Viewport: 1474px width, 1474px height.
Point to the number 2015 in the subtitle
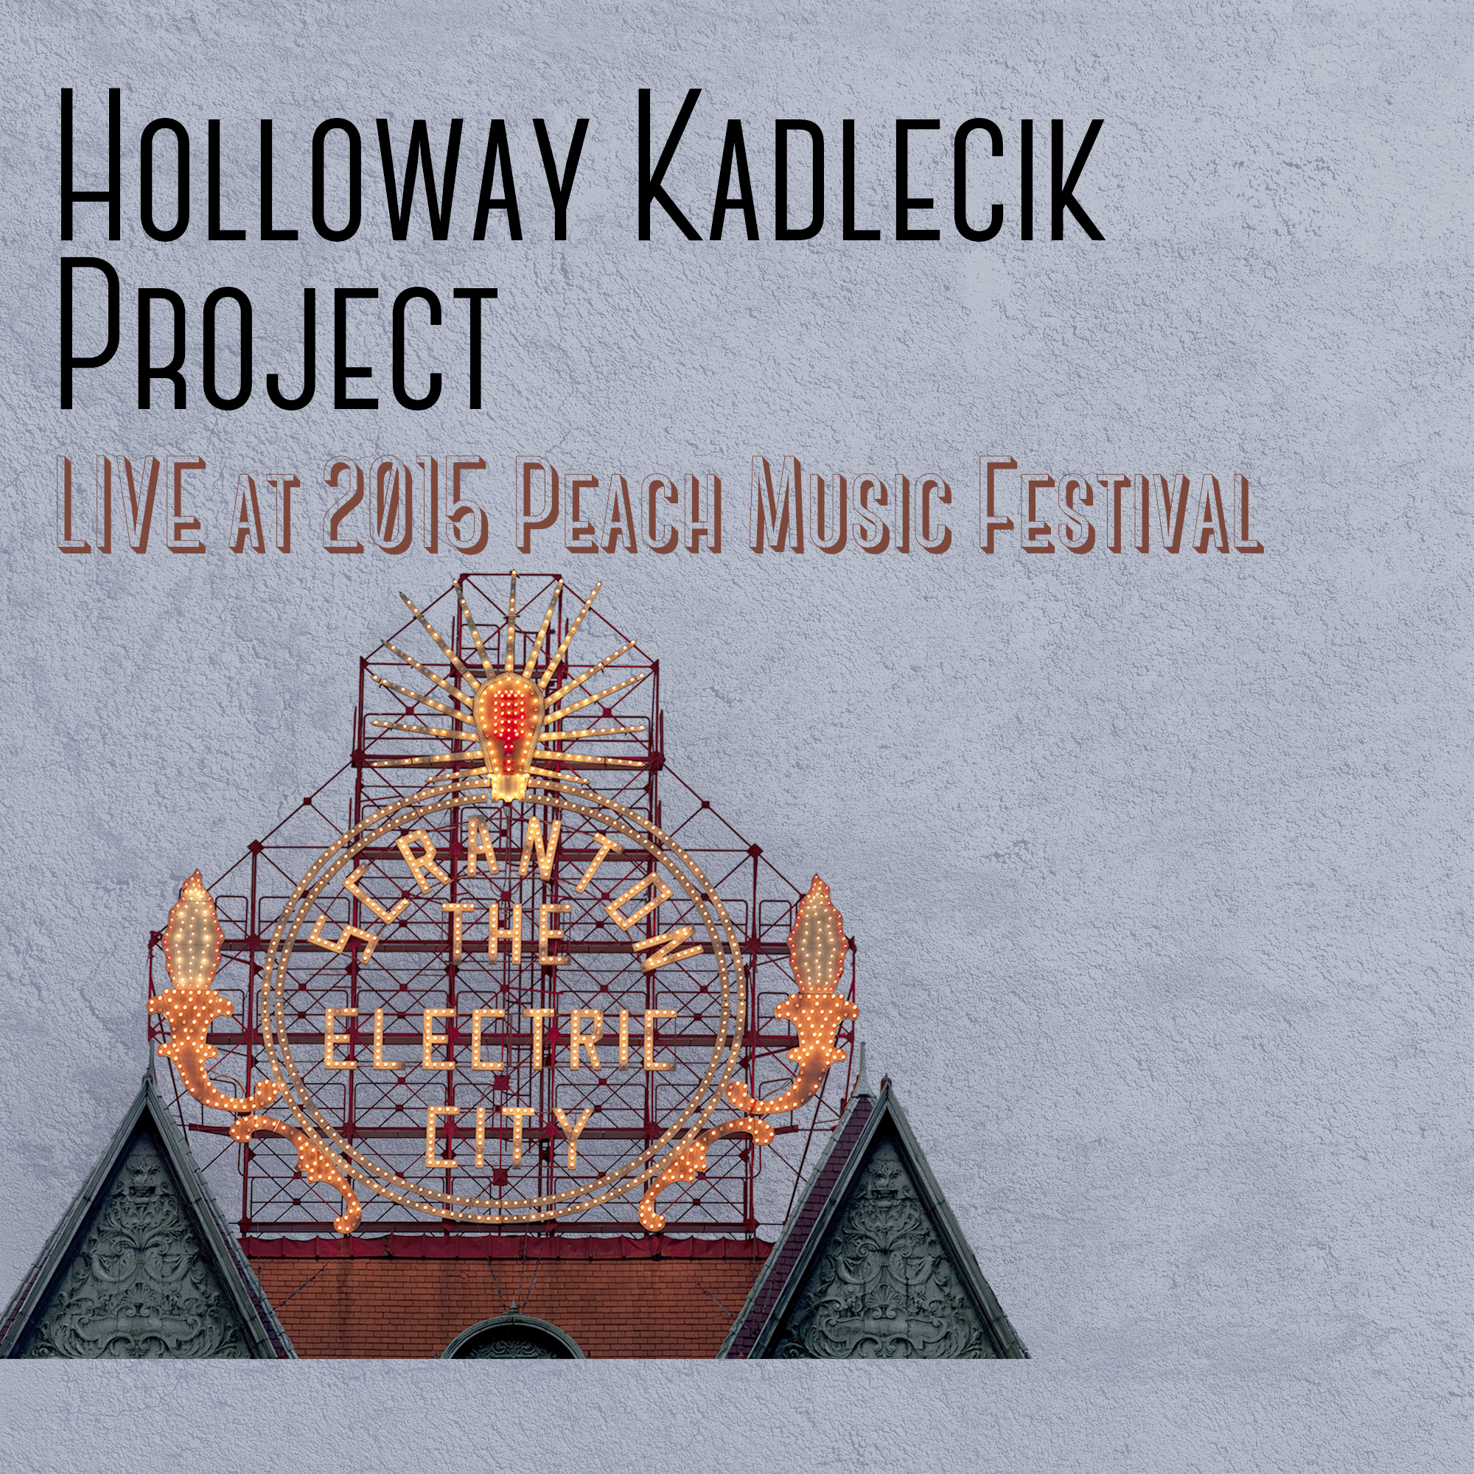(x=406, y=503)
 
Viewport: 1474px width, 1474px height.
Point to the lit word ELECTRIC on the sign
(x=500, y=1039)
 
